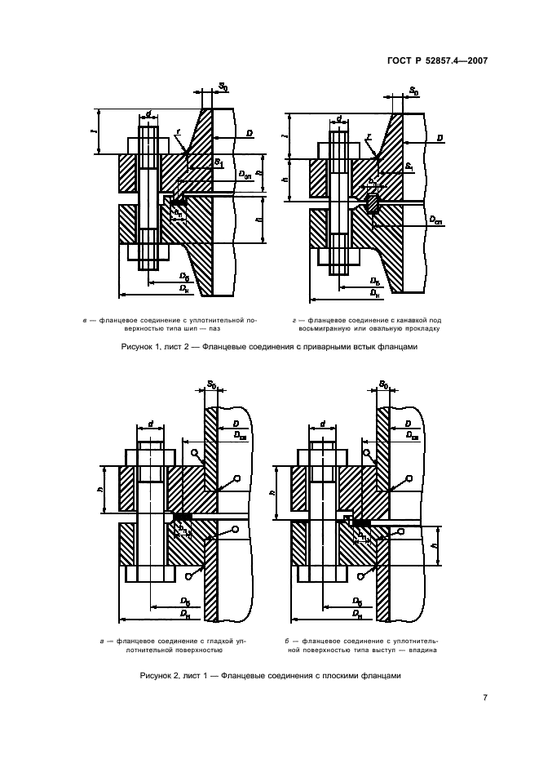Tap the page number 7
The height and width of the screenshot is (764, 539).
484,698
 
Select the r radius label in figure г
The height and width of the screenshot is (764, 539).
369,137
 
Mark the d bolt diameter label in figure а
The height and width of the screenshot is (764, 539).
150,425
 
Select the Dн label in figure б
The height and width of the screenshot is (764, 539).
356,611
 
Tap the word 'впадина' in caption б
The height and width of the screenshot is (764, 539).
422,651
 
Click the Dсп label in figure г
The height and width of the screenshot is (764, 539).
437,221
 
